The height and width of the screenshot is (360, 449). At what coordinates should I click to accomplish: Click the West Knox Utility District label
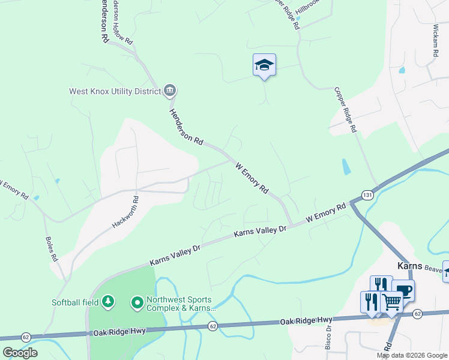(x=115, y=92)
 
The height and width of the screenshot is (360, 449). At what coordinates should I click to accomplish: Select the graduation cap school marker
(x=264, y=65)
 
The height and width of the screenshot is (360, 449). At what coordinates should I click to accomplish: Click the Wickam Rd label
(x=435, y=41)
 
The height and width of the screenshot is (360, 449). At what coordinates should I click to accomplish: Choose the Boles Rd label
(x=51, y=248)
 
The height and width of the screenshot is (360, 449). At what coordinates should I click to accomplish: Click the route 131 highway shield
(x=368, y=196)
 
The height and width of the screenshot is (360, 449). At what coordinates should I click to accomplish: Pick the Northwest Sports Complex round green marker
(x=137, y=302)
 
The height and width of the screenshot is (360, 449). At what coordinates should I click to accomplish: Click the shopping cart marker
(x=391, y=302)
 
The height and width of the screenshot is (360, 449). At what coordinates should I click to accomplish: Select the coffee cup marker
(x=403, y=290)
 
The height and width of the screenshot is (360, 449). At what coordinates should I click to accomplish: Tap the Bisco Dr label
(x=328, y=338)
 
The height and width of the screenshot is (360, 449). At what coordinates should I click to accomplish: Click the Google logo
(x=20, y=352)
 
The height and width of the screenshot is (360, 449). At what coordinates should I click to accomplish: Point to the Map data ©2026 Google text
(x=412, y=355)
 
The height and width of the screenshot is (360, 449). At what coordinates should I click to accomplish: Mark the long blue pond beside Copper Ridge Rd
(x=345, y=167)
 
